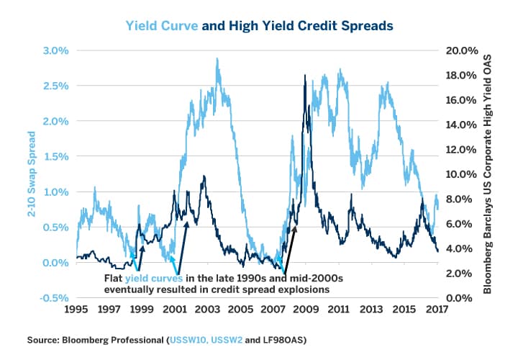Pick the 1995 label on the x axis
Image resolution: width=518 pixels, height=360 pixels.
pyautogui.click(x=76, y=310)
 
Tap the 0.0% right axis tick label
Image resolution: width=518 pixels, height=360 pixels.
pyautogui.click(x=465, y=297)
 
